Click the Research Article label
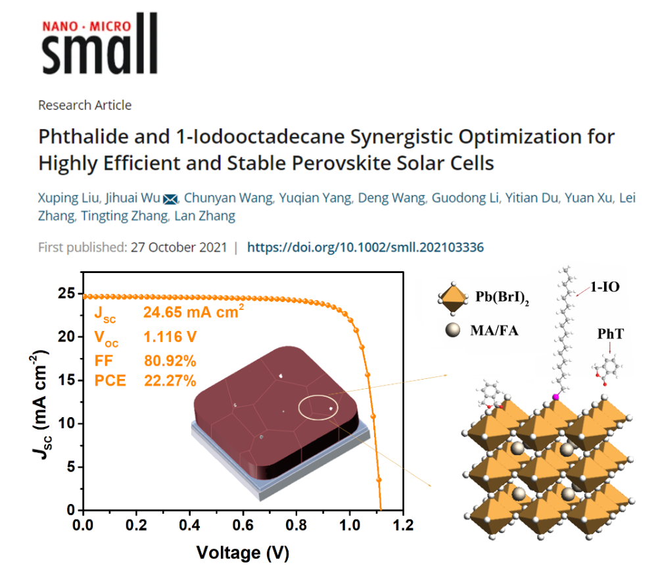tap(85, 105)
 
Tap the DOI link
tap(365, 248)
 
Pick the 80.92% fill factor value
tap(170, 360)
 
